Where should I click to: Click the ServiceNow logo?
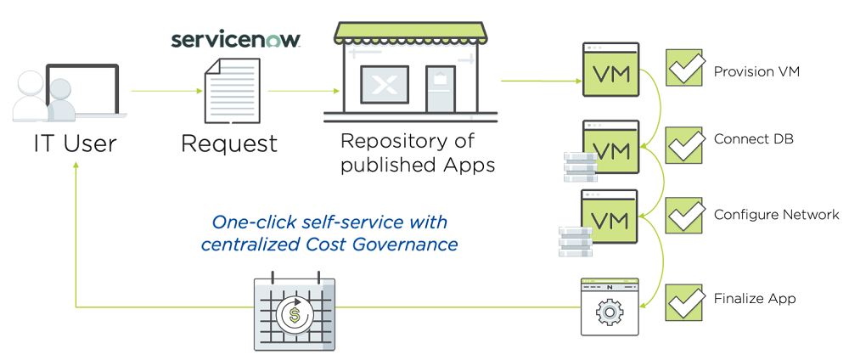[x=235, y=40]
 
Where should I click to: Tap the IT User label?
[x=75, y=143]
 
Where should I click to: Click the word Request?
[x=229, y=143]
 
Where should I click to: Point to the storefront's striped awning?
[x=411, y=33]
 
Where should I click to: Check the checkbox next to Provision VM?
[x=684, y=69]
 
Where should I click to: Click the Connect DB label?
[x=753, y=139]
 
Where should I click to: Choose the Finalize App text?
[x=755, y=299]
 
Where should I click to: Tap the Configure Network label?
[x=777, y=215]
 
